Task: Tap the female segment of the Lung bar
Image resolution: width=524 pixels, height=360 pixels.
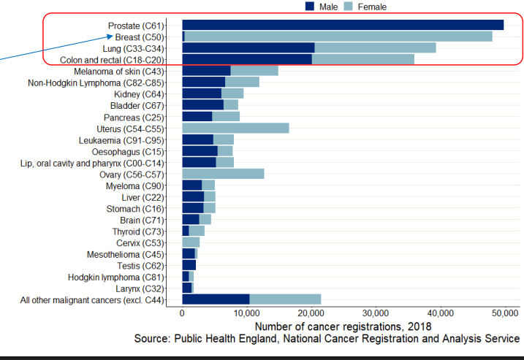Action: pos(375,47)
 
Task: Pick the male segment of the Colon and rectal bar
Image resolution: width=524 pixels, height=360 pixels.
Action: pos(247,59)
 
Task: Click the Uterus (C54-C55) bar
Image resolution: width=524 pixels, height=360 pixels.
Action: pos(235,129)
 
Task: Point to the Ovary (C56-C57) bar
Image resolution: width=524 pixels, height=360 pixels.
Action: pos(223,175)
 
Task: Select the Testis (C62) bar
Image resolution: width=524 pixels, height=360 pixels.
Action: pos(189,265)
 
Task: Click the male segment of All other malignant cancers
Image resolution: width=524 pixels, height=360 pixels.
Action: pos(216,299)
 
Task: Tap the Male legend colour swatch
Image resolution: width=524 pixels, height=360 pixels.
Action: pos(310,7)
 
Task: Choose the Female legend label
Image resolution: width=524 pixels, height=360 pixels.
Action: pos(373,7)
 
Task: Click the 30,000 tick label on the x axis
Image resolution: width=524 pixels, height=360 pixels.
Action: pos(374,313)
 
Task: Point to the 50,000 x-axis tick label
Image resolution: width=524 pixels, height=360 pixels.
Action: pos(504,313)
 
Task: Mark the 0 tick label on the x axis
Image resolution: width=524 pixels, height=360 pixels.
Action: pos(182,313)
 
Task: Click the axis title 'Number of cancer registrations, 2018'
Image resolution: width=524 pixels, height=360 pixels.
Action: pos(343,326)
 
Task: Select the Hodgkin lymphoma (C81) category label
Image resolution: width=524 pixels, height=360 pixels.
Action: pos(116,277)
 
